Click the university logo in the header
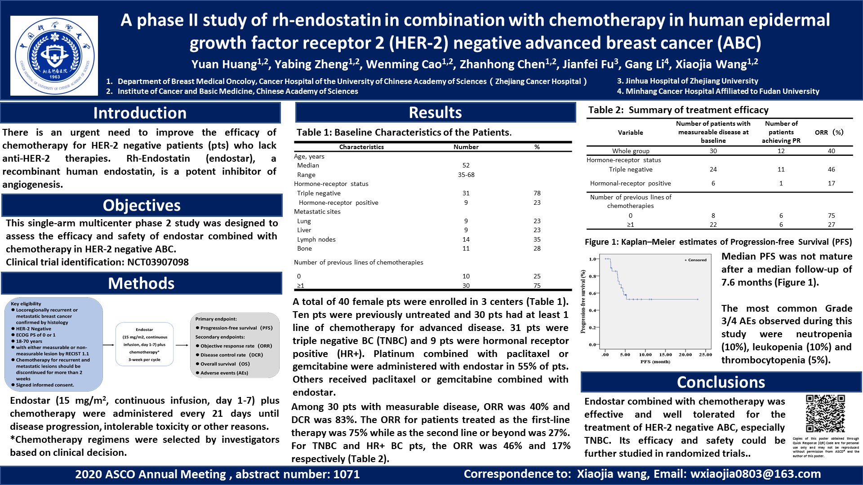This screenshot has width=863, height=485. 54,56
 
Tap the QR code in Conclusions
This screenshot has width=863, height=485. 825,414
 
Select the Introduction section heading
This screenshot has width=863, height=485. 140,113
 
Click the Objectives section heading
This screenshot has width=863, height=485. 142,205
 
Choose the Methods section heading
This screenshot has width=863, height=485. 141,283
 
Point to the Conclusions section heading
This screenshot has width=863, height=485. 721,382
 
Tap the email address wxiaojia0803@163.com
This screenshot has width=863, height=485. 756,474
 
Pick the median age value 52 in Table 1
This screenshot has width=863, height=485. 466,166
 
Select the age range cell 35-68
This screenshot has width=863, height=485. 466,175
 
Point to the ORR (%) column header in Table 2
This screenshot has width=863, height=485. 829,132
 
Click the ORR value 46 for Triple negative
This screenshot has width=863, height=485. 832,169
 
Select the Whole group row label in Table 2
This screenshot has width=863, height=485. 631,151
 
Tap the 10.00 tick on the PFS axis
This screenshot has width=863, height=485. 645,354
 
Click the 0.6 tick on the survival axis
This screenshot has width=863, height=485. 593,293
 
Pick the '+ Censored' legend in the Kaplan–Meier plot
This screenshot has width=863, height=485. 695,260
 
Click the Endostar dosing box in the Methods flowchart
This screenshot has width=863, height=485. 144,344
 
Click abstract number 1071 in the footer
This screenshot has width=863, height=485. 346,474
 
